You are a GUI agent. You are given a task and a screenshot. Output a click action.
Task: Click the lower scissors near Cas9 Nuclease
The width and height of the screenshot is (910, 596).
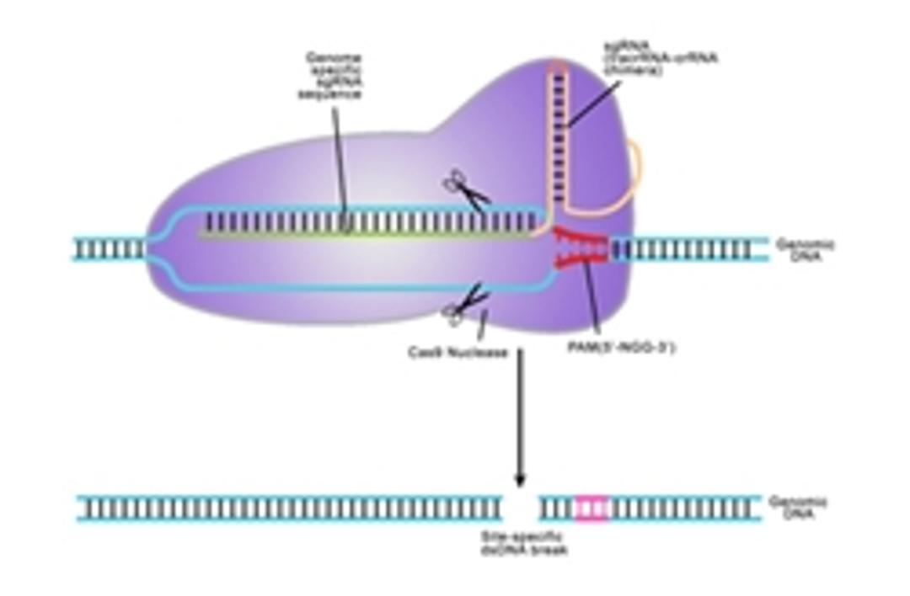click(465, 305)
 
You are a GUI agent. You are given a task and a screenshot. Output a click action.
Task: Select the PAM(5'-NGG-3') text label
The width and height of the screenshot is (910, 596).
click(621, 347)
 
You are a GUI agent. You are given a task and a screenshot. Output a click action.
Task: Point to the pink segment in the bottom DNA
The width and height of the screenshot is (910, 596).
click(591, 508)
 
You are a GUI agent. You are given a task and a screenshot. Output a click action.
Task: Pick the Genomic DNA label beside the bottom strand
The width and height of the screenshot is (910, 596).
click(797, 508)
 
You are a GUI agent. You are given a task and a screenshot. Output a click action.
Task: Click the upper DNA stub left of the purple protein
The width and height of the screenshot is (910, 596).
click(110, 249)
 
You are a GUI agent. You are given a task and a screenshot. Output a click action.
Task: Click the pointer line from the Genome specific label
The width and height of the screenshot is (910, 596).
click(339, 160)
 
